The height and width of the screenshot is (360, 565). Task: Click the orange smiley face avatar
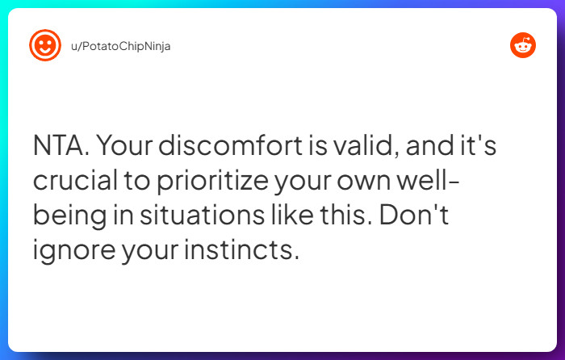45,46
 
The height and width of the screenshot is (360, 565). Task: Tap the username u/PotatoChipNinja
121,46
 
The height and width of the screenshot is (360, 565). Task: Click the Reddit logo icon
522,46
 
